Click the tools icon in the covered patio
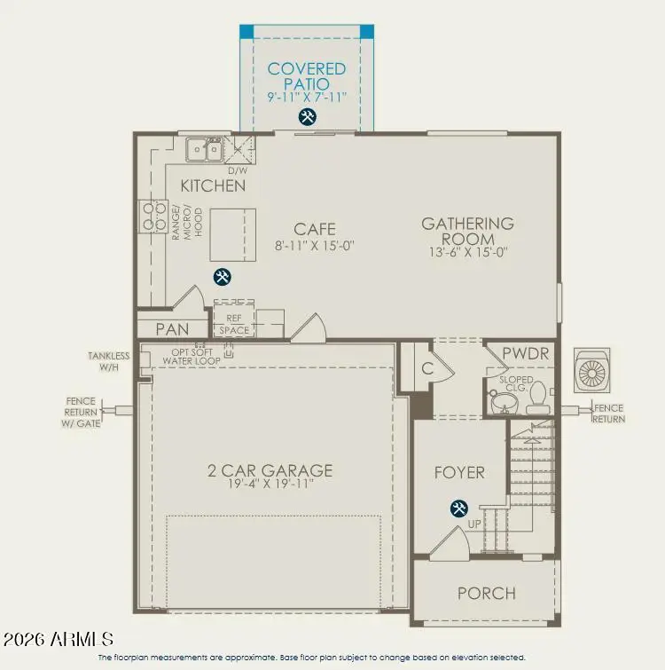pos(307,117)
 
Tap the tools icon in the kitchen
pos(223,277)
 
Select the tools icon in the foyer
pos(459,508)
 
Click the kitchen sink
pos(205,150)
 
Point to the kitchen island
pos(226,234)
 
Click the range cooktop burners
pos(152,217)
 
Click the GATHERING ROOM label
pos(467,231)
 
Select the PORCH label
pos(486,593)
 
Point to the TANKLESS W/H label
pos(108,361)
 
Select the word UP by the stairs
pos(474,524)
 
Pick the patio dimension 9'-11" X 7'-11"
pos(307,96)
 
